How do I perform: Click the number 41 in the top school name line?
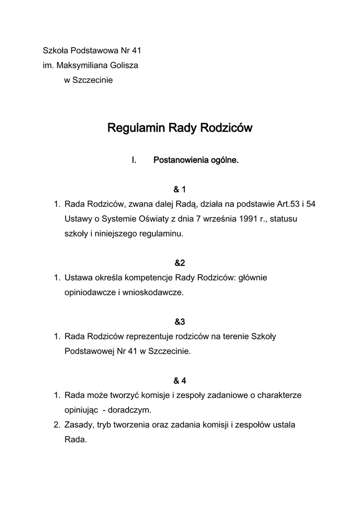(138, 51)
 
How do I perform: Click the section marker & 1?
(179, 190)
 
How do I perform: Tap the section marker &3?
(179, 322)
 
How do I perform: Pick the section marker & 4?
(179, 381)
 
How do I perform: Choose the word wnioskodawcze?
(153, 293)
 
